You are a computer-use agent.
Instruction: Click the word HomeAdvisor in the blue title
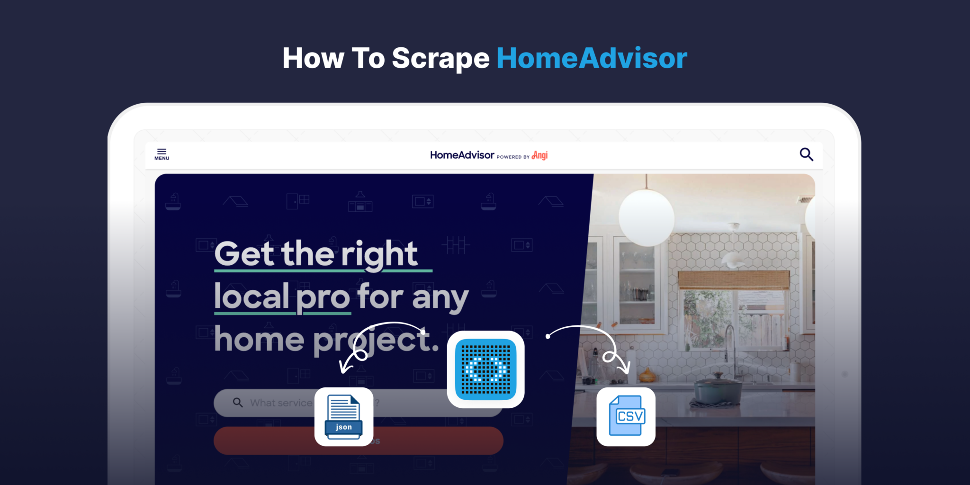pyautogui.click(x=592, y=58)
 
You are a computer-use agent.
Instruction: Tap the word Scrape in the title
pyautogui.click(x=440, y=58)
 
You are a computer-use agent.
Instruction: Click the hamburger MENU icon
pyautogui.click(x=162, y=154)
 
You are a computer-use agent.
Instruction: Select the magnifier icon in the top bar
pyautogui.click(x=806, y=154)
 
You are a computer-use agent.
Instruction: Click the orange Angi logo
pyautogui.click(x=539, y=155)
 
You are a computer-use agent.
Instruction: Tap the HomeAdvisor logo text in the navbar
pyautogui.click(x=462, y=155)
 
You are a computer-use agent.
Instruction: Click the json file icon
pyautogui.click(x=344, y=417)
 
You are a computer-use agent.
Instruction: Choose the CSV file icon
pyautogui.click(x=626, y=416)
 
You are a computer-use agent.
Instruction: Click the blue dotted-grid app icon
pyautogui.click(x=485, y=369)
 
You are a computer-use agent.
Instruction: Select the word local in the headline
pyautogui.click(x=251, y=296)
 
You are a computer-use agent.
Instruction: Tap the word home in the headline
pyautogui.click(x=259, y=340)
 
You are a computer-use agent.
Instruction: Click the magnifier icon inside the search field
pyautogui.click(x=238, y=403)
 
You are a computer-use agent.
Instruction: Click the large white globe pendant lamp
pyautogui.click(x=646, y=217)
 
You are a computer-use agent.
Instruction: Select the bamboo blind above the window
pyautogui.click(x=733, y=280)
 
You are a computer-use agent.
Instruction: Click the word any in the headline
pyautogui.click(x=440, y=298)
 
